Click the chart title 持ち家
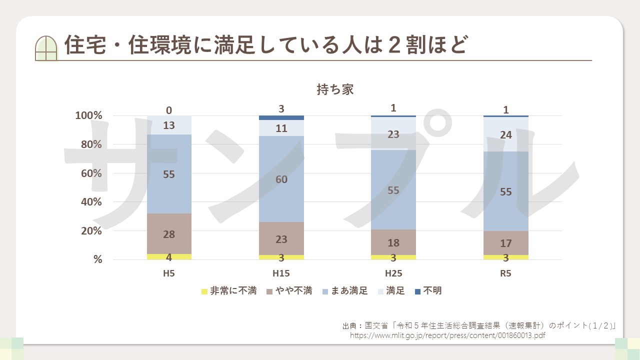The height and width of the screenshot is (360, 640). click(335, 89)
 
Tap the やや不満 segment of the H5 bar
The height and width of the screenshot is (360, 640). click(169, 233)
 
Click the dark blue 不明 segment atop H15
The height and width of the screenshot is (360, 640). click(281, 118)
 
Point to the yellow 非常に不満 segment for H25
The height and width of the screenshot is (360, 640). click(393, 257)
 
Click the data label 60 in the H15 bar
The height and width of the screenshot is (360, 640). click(281, 179)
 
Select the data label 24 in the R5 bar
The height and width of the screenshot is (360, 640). click(506, 134)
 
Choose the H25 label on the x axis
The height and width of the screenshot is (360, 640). click(393, 274)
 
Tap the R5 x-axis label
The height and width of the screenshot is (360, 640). click(506, 274)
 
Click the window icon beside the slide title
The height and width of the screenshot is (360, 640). click(46, 48)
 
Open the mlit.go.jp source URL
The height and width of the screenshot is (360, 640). click(447, 335)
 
